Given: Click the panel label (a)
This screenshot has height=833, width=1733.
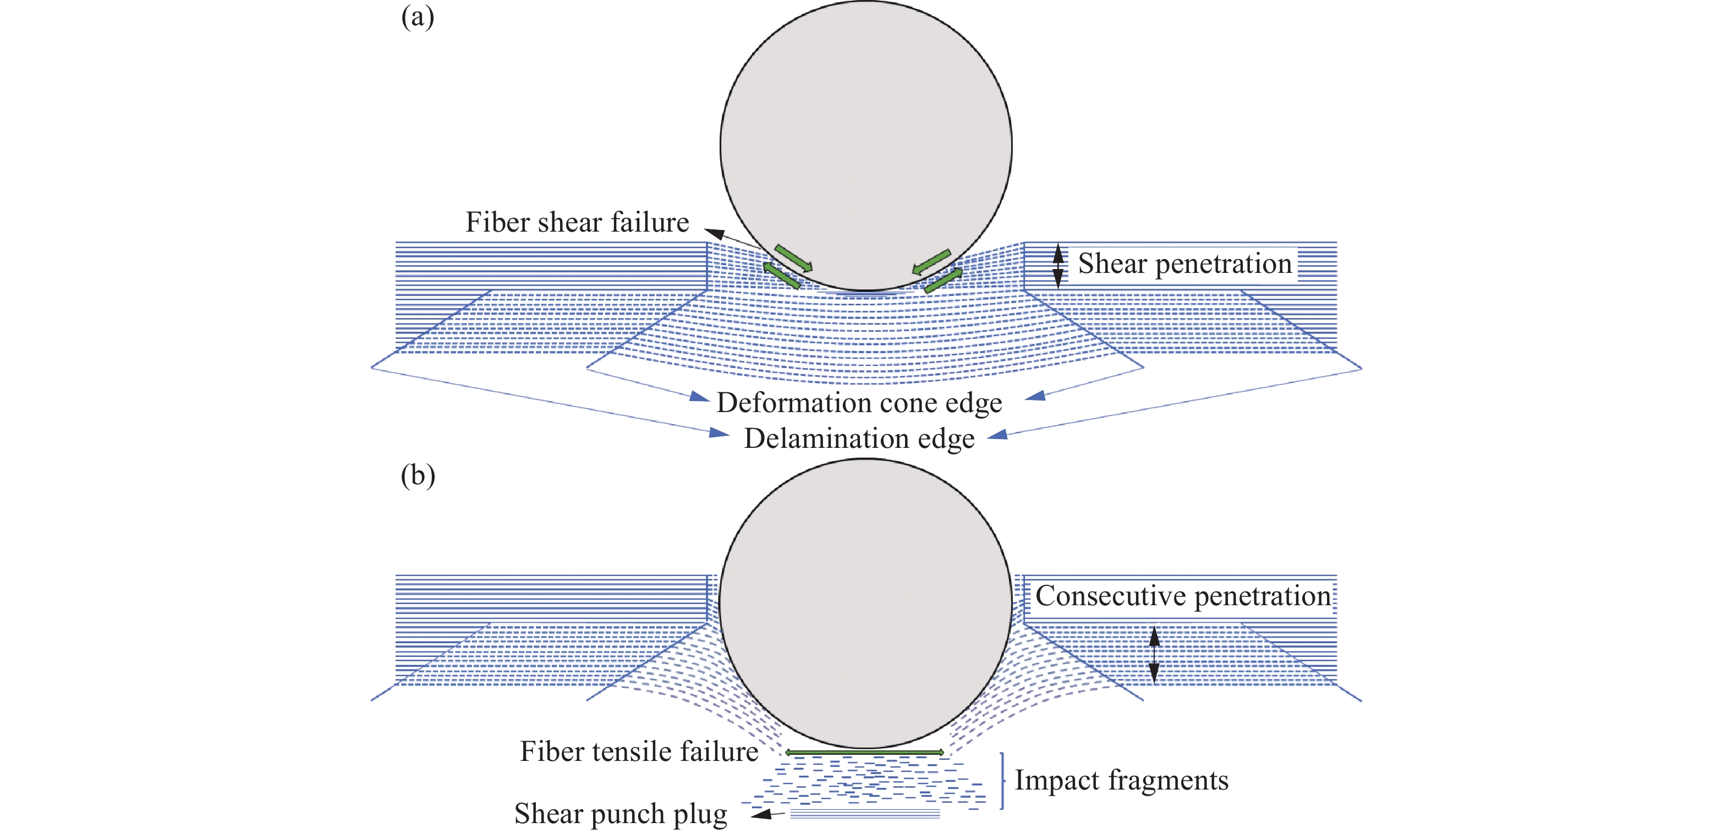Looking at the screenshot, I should point(417,18).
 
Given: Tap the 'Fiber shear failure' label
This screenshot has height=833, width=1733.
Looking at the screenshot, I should point(577,222).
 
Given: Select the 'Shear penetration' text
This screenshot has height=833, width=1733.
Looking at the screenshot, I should point(1184,263).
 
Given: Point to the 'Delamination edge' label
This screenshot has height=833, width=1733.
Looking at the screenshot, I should point(859,439).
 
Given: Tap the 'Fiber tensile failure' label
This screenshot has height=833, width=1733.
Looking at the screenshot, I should point(639,752).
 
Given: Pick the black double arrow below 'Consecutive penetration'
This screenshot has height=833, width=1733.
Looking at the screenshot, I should point(1154,655).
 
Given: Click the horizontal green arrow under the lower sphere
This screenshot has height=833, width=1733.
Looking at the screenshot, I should point(864,752).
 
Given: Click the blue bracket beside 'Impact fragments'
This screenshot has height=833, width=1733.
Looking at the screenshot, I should point(1002,781).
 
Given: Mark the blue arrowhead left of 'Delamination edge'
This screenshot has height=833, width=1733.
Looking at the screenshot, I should point(719,432).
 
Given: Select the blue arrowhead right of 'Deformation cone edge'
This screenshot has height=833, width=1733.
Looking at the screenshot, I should point(1036,396).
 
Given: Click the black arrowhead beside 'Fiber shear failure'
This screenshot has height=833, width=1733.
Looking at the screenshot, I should point(714,233).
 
